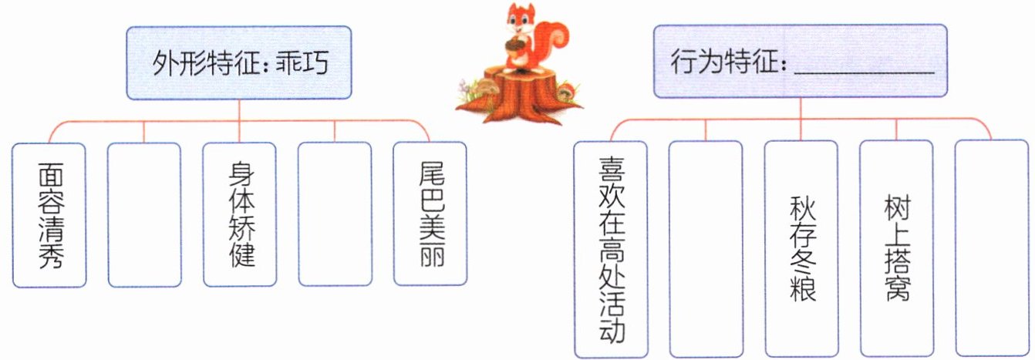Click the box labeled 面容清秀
coord(49,215)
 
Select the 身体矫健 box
coord(239,215)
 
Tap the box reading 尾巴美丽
coord(430,215)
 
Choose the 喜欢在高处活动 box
coord(611,249)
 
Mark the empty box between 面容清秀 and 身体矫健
coord(144,215)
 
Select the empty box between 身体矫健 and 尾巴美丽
coord(335,215)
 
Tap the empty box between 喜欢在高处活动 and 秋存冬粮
coord(706,249)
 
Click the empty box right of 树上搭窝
coord(991,249)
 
